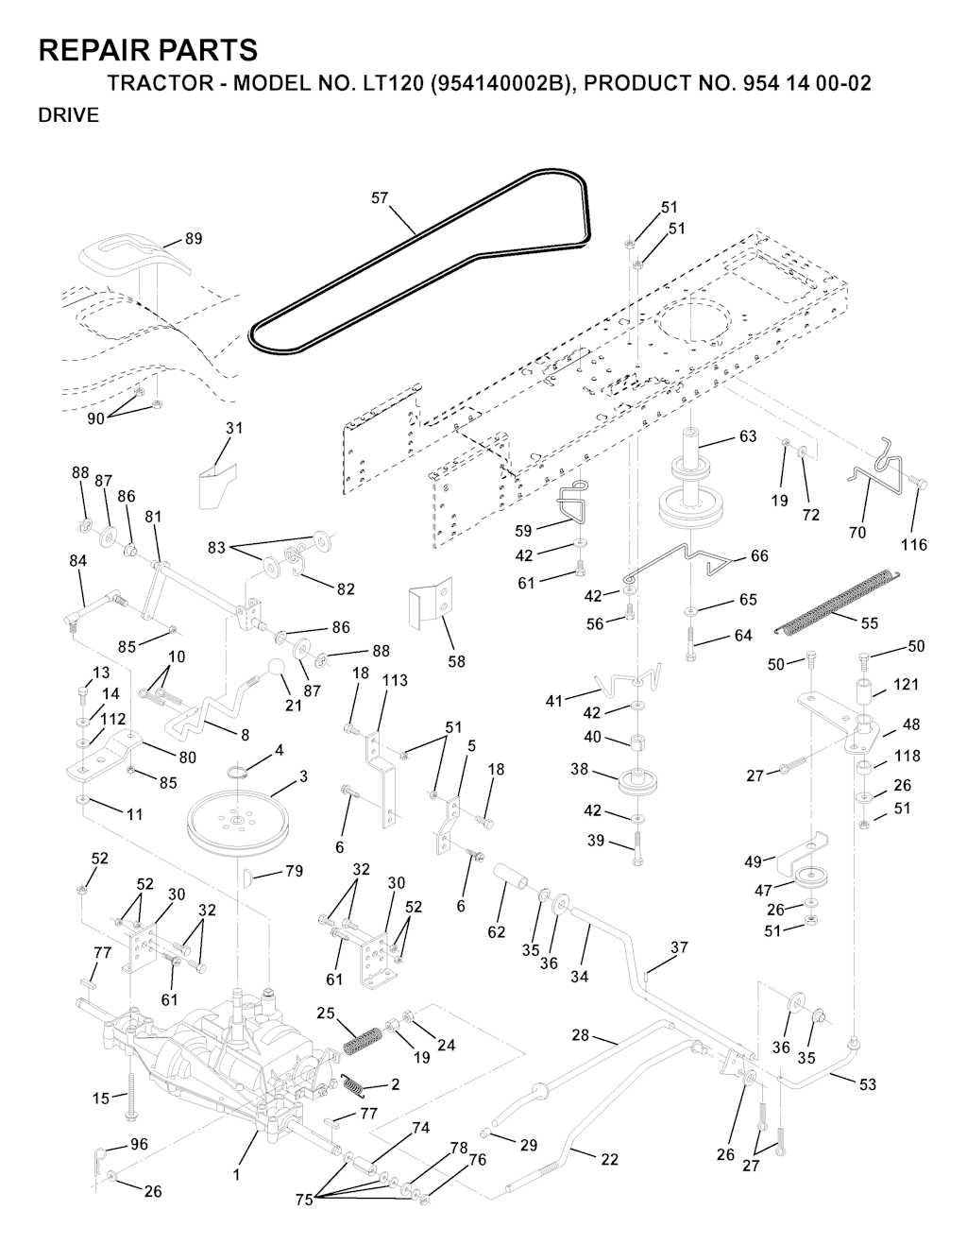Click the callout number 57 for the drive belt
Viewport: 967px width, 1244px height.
coord(380,198)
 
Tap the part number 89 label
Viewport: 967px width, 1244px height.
coord(193,239)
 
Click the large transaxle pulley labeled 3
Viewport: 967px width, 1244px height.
coord(236,816)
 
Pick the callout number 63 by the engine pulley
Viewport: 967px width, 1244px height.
coord(748,436)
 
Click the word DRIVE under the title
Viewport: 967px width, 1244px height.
coord(68,116)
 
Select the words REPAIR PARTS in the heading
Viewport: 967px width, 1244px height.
coord(148,49)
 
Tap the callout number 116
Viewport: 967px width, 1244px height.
coord(913,545)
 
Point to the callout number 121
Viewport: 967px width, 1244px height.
coord(906,684)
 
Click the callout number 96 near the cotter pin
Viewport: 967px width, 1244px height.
coord(139,1144)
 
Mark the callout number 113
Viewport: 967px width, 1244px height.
coord(395,680)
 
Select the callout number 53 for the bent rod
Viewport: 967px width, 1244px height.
coord(867,1084)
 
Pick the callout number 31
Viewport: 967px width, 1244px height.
coord(233,428)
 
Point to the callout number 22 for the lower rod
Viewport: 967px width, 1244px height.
coord(609,1159)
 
